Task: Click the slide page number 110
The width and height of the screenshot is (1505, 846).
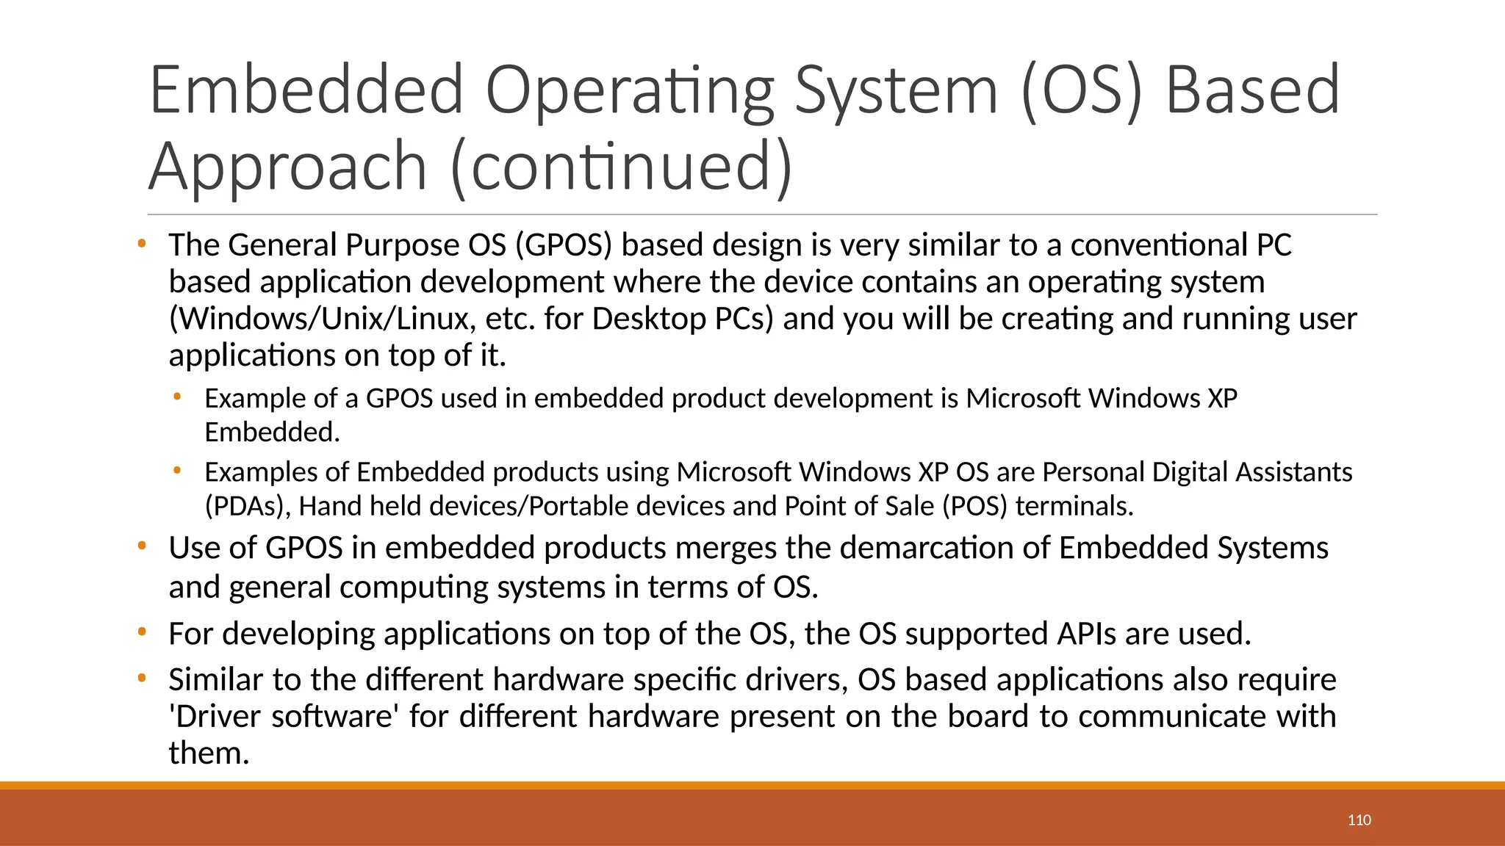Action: coord(1359,820)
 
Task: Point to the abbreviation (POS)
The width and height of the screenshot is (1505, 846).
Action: coord(974,506)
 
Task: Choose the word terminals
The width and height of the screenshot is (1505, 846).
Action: coord(1074,506)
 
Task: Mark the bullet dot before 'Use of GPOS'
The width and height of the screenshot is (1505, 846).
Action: coord(142,546)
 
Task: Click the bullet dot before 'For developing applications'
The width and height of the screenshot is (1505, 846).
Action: coord(142,632)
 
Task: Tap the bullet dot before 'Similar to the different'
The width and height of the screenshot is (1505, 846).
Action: coord(142,678)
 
